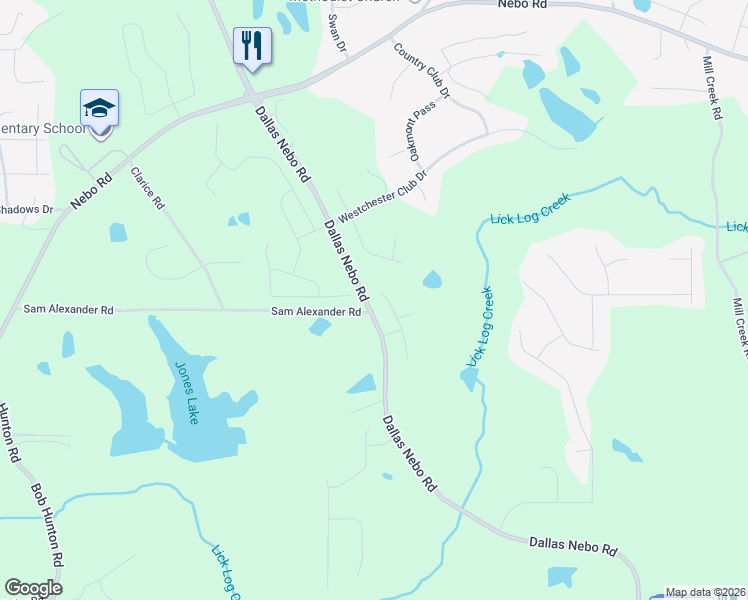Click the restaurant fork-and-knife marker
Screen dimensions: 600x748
[252, 45]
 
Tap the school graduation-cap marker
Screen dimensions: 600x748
[100, 108]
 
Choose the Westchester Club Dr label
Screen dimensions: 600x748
[382, 196]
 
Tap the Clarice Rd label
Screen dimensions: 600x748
[146, 187]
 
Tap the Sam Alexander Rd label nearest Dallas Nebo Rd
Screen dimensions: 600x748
[316, 312]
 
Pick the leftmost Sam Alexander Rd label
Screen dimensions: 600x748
[68, 310]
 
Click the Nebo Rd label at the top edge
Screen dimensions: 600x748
[524, 4]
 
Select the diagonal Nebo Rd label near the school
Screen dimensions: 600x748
[91, 187]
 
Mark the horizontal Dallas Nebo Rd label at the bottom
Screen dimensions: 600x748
[574, 546]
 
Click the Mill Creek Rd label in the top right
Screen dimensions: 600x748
[712, 89]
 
